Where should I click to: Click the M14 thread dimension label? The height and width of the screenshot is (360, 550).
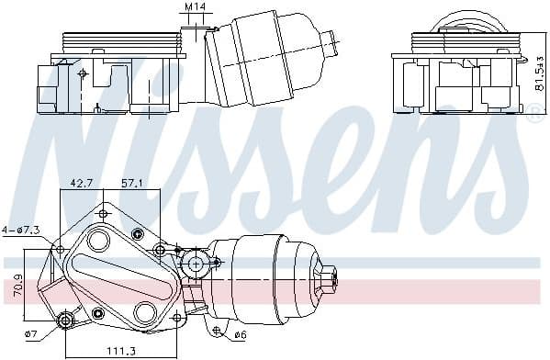(194, 8)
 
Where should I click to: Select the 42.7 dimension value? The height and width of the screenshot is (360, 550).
(82, 183)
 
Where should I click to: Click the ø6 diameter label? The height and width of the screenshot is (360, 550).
(240, 333)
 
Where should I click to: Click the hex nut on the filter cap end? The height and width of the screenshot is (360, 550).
(329, 276)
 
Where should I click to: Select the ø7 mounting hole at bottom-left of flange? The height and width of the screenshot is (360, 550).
(65, 321)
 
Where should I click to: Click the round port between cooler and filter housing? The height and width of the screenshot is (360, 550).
(194, 264)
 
